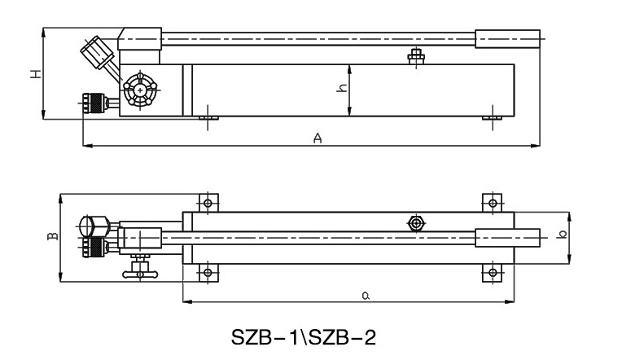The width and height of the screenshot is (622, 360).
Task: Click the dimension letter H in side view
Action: (35, 74)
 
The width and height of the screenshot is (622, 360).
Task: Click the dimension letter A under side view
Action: (319, 138)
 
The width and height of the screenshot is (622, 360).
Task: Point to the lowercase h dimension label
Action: (343, 89)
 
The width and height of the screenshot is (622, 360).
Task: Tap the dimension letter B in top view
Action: (52, 237)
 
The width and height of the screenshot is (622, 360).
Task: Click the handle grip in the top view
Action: (509, 237)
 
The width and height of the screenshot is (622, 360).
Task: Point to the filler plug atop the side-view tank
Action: (416, 56)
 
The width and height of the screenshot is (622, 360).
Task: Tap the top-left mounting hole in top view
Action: (208, 202)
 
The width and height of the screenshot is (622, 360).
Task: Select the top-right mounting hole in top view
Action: (491, 202)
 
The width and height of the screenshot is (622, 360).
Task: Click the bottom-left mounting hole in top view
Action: (208, 272)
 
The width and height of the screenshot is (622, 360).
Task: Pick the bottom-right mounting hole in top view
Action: (491, 272)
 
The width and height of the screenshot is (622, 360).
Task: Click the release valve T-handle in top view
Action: (138, 270)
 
